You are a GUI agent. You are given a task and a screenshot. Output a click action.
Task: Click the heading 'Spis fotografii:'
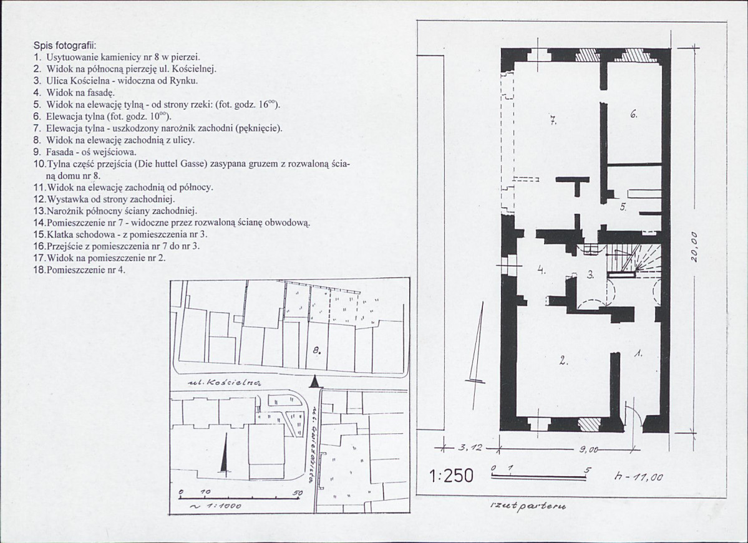tap(65, 46)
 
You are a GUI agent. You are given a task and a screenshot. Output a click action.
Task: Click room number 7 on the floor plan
tap(553, 120)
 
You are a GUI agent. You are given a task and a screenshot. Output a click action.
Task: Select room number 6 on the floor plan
tap(633, 114)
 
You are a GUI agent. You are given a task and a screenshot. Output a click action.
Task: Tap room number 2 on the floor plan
tap(563, 361)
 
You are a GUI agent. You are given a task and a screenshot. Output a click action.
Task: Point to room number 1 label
tap(638, 353)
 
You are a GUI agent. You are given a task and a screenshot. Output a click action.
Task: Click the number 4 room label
tap(540, 269)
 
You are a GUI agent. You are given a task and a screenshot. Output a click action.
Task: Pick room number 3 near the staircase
tap(591, 274)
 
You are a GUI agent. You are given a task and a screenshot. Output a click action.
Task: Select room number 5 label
tap(623, 208)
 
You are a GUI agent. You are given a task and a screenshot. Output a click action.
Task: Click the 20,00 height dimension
tap(694, 246)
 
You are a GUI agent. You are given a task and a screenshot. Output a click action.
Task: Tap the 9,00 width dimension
tap(588, 449)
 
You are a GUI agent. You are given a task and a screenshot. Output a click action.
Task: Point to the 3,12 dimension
tap(470, 448)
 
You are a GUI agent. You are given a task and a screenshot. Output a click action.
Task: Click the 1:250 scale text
tap(451, 475)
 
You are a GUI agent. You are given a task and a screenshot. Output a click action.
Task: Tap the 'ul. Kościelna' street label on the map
tap(224, 382)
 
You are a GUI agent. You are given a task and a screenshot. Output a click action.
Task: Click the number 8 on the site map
tap(317, 351)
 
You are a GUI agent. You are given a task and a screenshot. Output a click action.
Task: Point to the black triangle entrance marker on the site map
tap(314, 382)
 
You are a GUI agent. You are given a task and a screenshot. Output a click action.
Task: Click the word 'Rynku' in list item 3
tap(185, 80)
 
